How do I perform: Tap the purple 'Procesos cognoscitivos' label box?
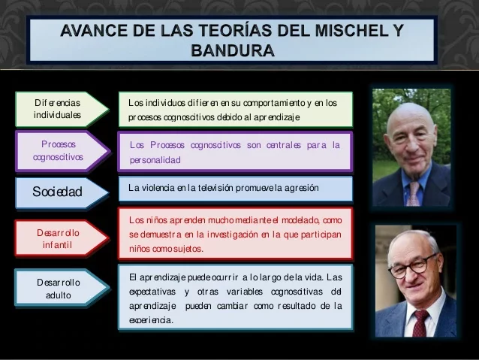[59, 150]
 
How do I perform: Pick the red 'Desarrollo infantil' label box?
[59, 238]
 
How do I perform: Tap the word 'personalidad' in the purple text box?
[155, 161]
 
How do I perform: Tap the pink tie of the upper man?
[412, 193]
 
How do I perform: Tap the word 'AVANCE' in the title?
[94, 31]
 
